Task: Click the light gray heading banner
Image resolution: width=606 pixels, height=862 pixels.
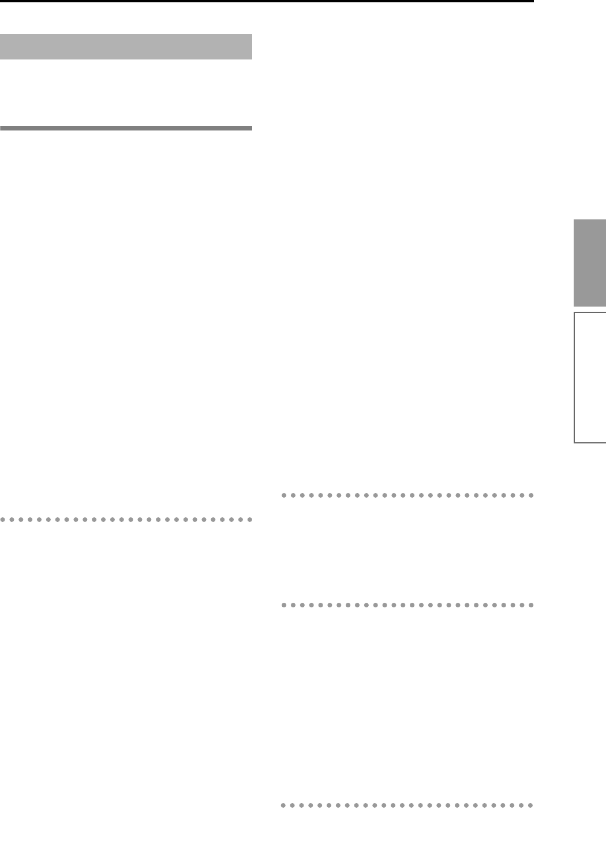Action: (126, 47)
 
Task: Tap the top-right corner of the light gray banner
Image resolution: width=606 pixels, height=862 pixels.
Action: (252, 35)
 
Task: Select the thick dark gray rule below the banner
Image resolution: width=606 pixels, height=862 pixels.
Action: (126, 128)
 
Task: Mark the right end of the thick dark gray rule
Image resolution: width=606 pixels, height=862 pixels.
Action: (252, 128)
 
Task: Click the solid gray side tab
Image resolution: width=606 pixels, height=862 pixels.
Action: (589, 263)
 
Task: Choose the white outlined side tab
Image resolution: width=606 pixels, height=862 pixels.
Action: (590, 378)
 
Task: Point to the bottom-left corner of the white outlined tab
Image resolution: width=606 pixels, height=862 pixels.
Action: (574, 442)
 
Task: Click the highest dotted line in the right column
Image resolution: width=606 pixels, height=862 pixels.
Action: (407, 495)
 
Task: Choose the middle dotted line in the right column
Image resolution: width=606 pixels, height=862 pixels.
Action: (407, 606)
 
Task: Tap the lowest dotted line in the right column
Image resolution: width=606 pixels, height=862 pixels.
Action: (407, 805)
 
